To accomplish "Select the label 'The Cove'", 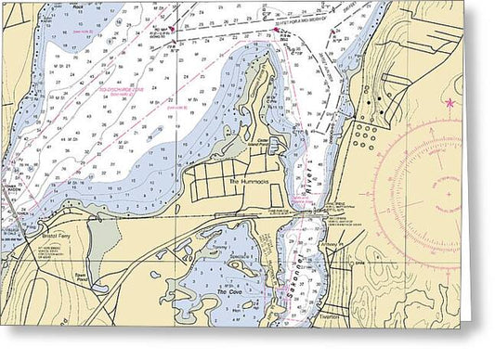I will tap(228, 292).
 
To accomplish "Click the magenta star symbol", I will tap(452, 102).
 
